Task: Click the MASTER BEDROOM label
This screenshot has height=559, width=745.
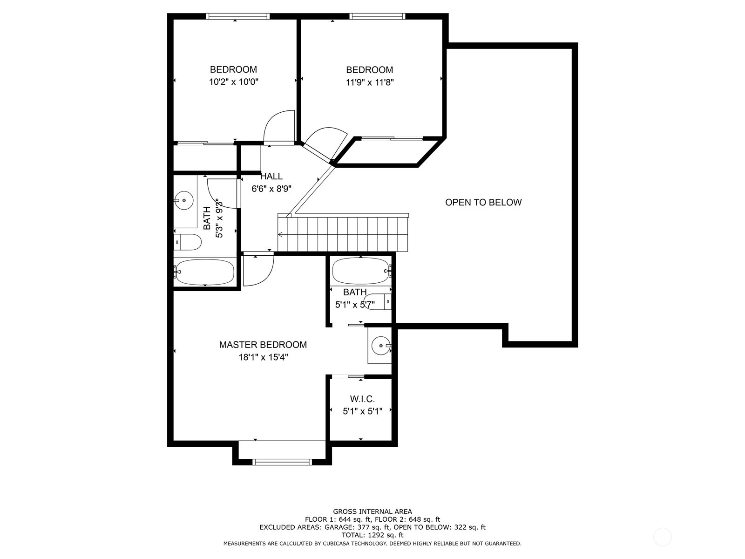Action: pos(263,345)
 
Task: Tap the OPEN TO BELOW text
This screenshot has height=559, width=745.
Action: pos(483,202)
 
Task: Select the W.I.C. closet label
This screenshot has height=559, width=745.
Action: pos(362,399)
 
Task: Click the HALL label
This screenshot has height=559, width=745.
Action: pos(271,176)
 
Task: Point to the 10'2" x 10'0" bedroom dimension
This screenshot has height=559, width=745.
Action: pos(233,82)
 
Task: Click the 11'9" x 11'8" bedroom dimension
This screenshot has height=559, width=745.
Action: pos(369,82)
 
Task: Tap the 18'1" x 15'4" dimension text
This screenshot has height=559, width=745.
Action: pos(263,357)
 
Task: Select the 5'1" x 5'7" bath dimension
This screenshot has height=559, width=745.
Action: pos(355,305)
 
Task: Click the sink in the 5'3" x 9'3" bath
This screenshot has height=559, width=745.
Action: pos(185,200)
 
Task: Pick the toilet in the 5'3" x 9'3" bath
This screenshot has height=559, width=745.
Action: pos(188,242)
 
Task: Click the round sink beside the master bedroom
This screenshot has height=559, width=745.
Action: pos(381,346)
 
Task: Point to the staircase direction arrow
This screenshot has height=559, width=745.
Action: pos(281,235)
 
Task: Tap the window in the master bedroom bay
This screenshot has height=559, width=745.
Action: pos(281,462)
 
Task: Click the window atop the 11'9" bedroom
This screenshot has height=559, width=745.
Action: pos(377,16)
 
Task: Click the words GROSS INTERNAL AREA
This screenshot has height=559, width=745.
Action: pos(372,511)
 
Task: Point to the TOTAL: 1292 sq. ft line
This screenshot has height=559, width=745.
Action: pos(372,535)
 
